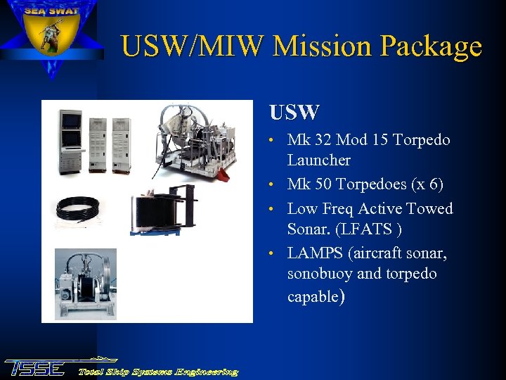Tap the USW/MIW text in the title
193,46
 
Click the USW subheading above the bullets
294,112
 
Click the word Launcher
318,160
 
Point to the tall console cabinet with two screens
72,140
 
